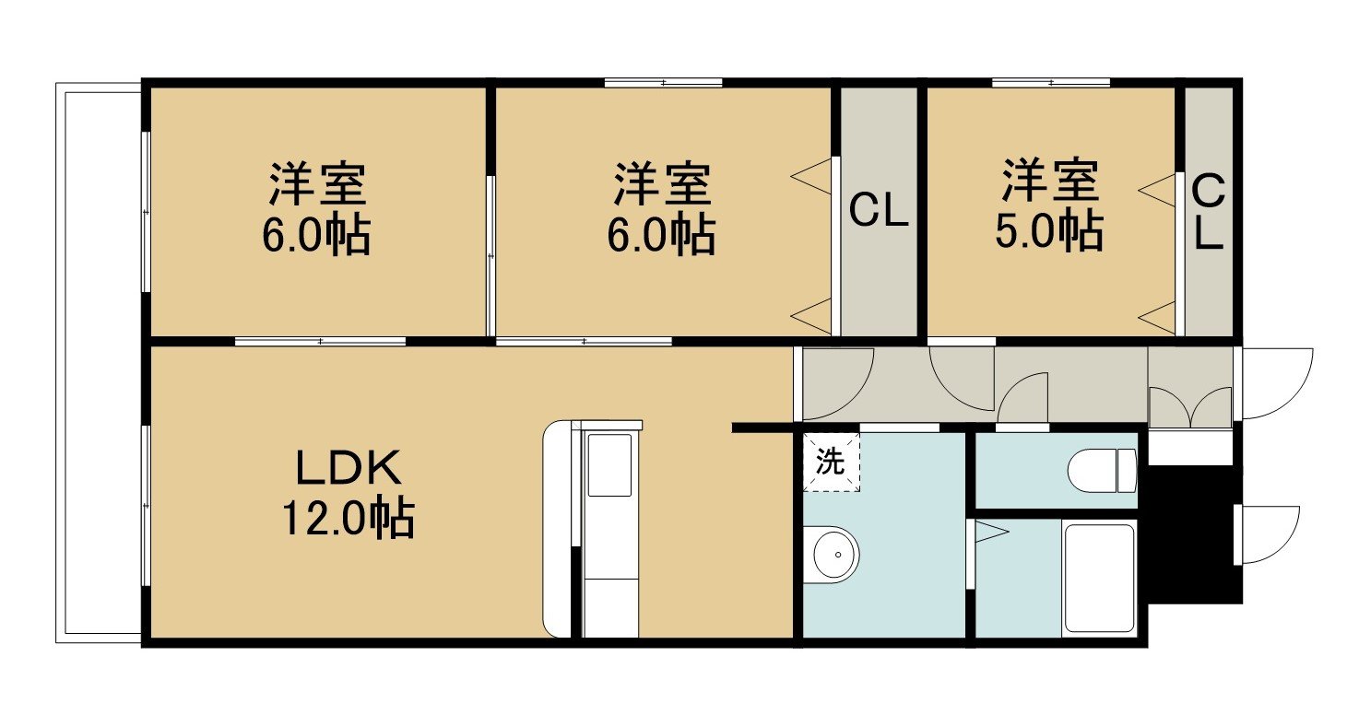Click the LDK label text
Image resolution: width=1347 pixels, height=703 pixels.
point(349,467)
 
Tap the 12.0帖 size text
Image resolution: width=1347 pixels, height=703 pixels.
point(349,517)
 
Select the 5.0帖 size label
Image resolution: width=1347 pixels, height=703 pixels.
point(1049,230)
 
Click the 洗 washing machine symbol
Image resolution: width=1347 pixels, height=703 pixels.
point(831,462)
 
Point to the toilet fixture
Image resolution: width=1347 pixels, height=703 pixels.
point(1103,471)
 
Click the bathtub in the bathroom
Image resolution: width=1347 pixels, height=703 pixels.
point(1099,578)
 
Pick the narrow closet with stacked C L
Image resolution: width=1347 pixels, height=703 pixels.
point(1209,212)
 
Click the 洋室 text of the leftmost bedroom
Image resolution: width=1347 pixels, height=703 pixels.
point(317,183)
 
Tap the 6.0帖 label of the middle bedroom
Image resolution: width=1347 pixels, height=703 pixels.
point(661,234)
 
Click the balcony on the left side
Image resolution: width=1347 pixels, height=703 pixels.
point(100,363)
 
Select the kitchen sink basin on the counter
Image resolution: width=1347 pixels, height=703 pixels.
point(609,465)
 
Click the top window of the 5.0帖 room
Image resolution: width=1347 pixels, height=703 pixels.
point(1050,82)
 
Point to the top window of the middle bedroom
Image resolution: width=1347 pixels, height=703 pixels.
point(663,82)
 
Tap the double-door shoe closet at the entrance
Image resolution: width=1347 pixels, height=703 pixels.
point(1190,406)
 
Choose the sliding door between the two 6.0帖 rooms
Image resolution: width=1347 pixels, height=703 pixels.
point(490,255)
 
